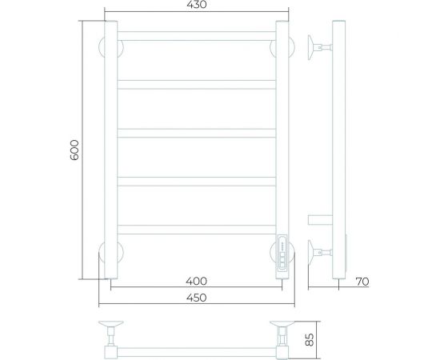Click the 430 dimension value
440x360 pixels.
[197, 5]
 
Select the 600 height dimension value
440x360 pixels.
[74, 150]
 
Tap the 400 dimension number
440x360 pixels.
[197, 281]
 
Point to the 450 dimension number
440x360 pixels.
[197, 298]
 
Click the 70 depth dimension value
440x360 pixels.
[362, 282]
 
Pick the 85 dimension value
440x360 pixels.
[309, 340]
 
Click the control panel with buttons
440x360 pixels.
[282, 252]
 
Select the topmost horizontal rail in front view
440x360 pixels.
[197, 36]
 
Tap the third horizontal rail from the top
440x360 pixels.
[197, 133]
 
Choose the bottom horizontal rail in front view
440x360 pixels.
[197, 230]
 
